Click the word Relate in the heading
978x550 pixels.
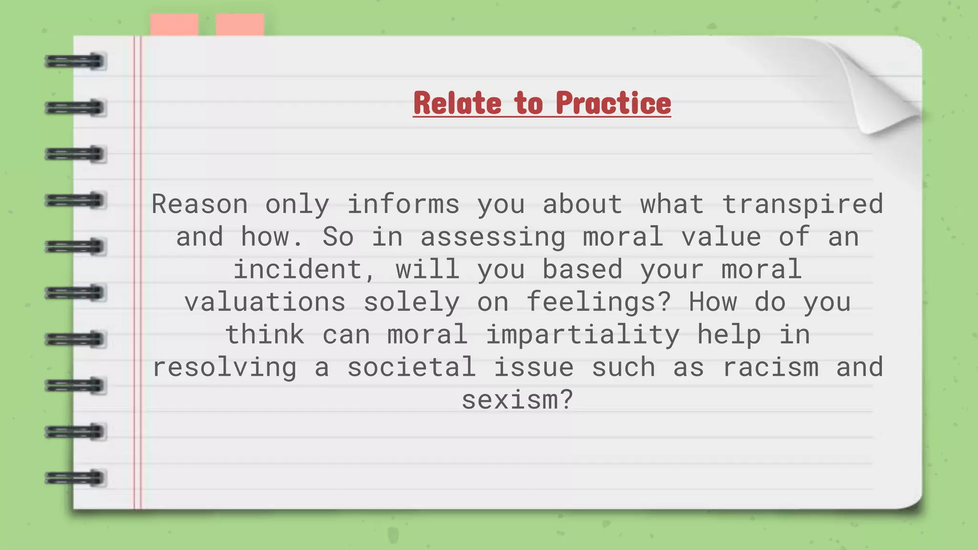click(457, 103)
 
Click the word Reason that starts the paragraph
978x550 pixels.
click(200, 204)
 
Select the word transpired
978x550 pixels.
click(802, 204)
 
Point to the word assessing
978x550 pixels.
click(492, 237)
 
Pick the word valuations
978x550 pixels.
click(265, 302)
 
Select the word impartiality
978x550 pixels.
click(583, 335)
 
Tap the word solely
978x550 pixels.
click(411, 302)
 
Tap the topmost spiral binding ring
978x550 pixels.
click(75, 62)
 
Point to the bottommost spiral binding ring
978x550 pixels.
click(75, 478)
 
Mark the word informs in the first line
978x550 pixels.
click(403, 204)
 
